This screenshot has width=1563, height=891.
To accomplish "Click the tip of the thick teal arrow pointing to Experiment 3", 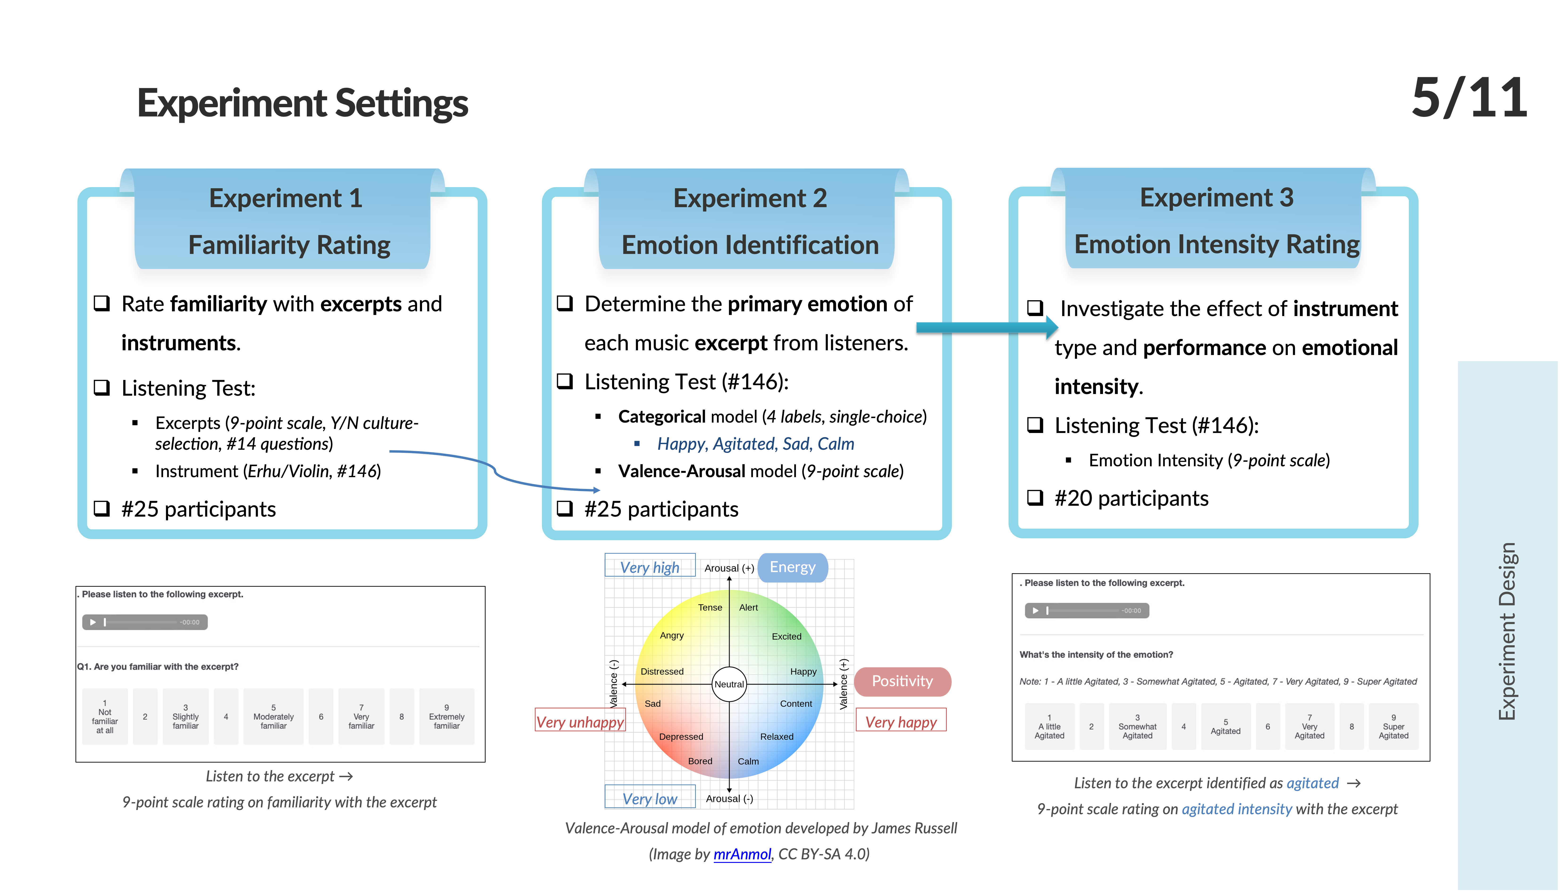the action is (1058, 327).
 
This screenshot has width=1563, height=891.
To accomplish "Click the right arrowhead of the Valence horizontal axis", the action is (835, 684).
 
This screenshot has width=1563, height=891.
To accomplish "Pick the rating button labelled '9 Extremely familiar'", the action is (446, 717).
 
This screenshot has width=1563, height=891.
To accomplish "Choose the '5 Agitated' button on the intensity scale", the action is (1225, 726).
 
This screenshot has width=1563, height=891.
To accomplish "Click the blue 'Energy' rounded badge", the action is (793, 567).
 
